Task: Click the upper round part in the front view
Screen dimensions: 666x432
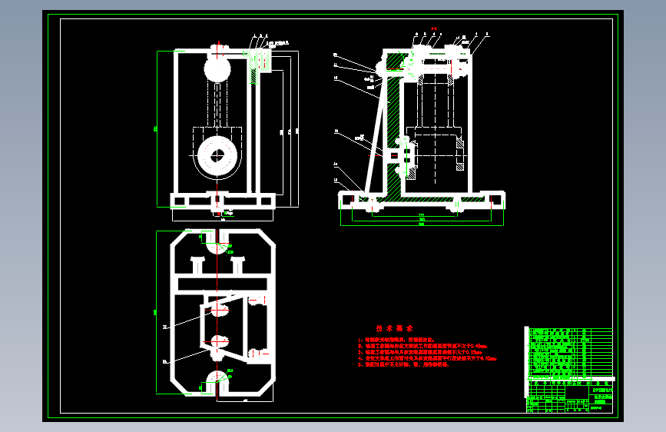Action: [x=217, y=70]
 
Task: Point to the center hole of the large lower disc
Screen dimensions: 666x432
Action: [x=217, y=155]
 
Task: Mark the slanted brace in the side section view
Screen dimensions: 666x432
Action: [x=374, y=138]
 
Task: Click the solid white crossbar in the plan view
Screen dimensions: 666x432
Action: [x=223, y=284]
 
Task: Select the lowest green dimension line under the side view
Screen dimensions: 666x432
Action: [x=422, y=224]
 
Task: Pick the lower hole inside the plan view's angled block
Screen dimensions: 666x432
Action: [x=217, y=341]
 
